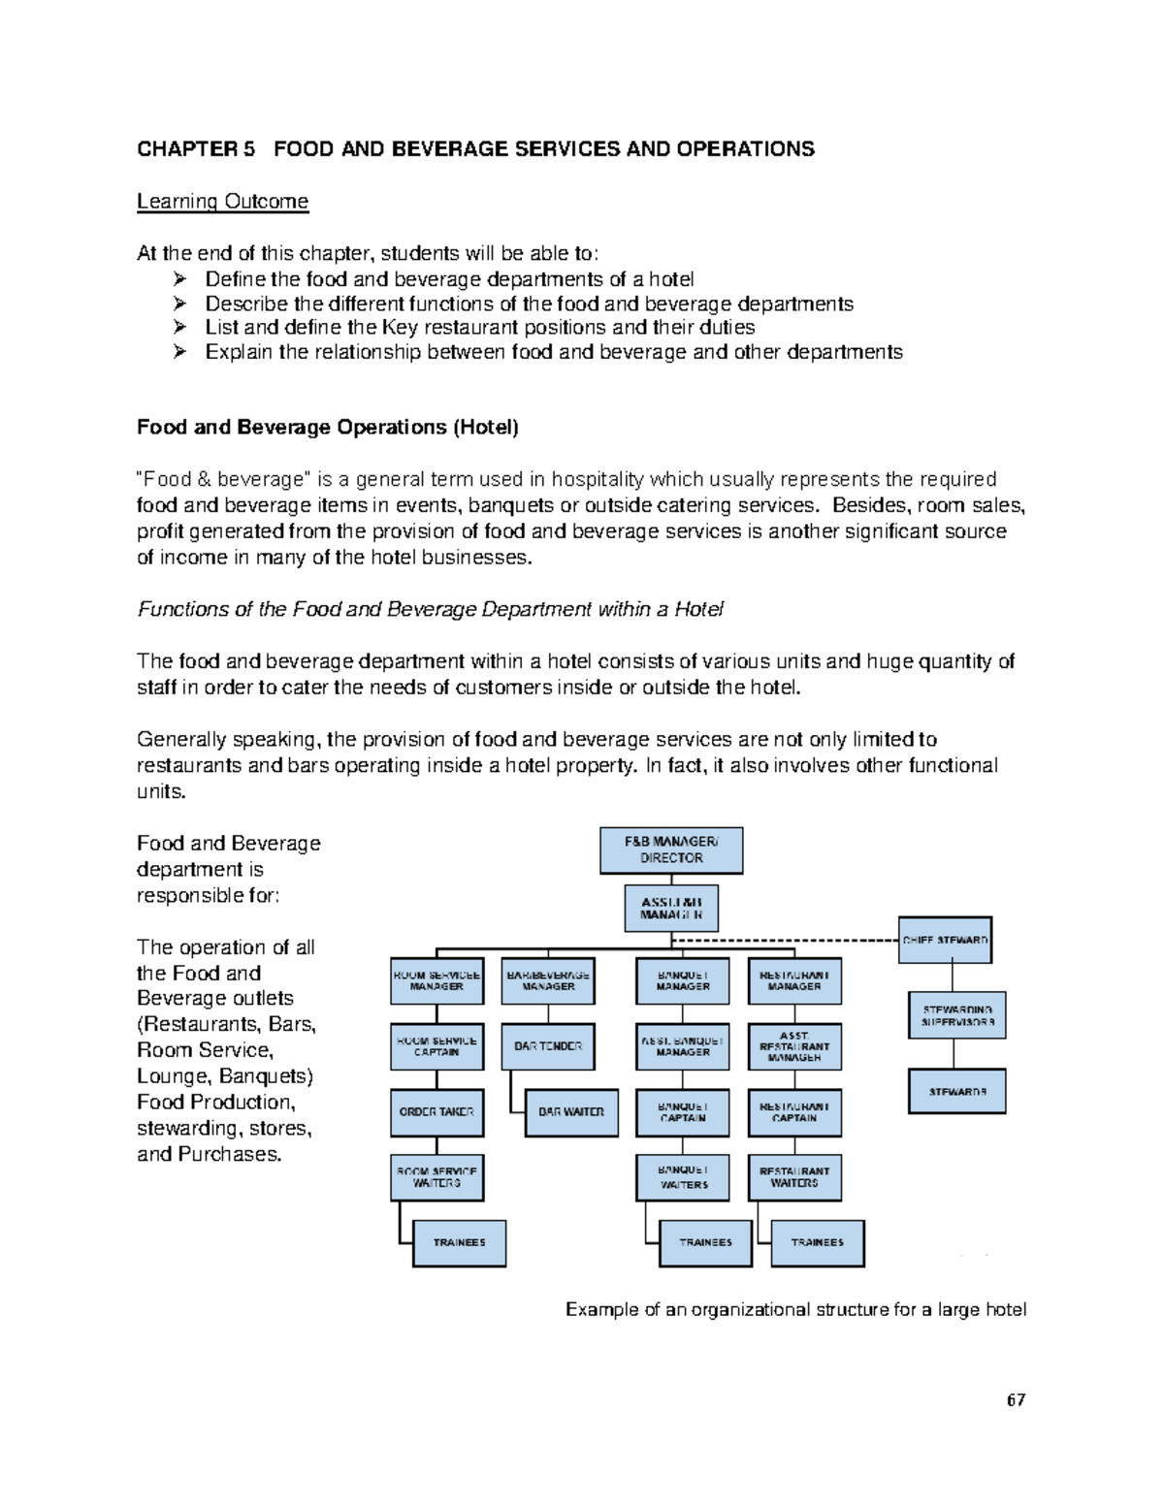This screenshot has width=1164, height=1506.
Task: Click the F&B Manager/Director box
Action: pyautogui.click(x=671, y=850)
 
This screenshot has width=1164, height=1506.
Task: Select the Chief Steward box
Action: pyautogui.click(x=945, y=940)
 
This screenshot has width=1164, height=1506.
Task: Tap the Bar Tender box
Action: pyautogui.click(x=548, y=1047)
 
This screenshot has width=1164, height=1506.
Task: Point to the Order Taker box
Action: pyautogui.click(x=436, y=1112)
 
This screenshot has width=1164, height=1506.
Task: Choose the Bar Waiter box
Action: pyautogui.click(x=571, y=1112)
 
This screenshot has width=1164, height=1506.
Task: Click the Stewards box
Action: pyautogui.click(x=957, y=1092)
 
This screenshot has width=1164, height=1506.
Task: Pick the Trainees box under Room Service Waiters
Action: pyautogui.click(x=460, y=1243)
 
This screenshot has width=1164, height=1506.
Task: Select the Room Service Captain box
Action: pyautogui.click(x=436, y=1046)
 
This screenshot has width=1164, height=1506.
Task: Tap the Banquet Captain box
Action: pyautogui.click(x=683, y=1112)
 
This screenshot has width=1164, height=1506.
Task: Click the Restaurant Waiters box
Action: pyautogui.click(x=794, y=1177)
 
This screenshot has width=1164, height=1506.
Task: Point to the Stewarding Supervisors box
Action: pyautogui.click(x=957, y=1015)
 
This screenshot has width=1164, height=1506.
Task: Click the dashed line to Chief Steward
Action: pyautogui.click(x=786, y=941)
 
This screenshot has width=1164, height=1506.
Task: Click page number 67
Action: pyautogui.click(x=1016, y=1400)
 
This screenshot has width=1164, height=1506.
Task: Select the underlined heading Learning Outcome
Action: pyautogui.click(x=222, y=202)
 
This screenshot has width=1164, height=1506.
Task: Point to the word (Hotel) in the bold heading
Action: pyautogui.click(x=486, y=428)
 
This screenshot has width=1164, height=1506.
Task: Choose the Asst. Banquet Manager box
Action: pyautogui.click(x=683, y=1046)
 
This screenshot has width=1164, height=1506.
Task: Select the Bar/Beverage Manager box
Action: pyautogui.click(x=548, y=981)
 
